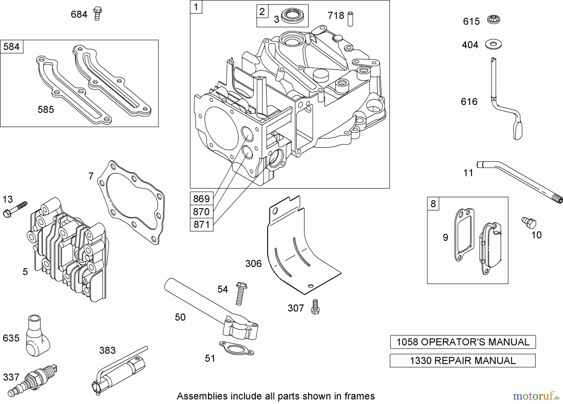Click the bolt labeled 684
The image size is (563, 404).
98,14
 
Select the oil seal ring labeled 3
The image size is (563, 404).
291,17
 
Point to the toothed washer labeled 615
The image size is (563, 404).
494,20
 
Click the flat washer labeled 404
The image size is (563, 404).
494,44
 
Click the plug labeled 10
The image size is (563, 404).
529,223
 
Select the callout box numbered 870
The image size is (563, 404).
201,212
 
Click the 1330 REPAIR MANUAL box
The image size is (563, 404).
462,361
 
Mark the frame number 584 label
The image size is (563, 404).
12,47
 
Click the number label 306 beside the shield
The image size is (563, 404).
253,264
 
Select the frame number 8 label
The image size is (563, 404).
433,204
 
